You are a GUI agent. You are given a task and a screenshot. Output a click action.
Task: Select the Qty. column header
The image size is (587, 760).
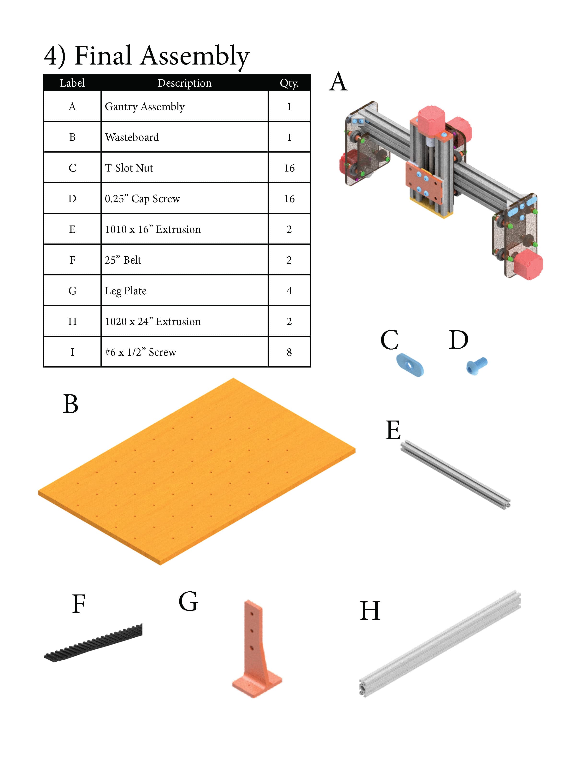(289, 83)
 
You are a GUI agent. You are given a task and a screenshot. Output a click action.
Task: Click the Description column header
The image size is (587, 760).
(184, 83)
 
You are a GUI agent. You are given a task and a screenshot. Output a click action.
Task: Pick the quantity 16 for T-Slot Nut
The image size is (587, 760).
(289, 168)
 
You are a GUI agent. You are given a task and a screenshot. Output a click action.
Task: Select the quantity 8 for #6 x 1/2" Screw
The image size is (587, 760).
(289, 352)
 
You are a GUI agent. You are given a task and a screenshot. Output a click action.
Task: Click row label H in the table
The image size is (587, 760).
(72, 321)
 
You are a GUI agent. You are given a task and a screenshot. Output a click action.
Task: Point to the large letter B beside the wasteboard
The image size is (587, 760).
(70, 404)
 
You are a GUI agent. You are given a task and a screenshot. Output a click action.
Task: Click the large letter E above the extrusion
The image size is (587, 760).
(393, 430)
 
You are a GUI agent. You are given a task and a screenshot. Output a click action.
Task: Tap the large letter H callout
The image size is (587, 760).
(370, 611)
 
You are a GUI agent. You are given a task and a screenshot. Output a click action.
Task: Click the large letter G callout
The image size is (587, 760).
(188, 602)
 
